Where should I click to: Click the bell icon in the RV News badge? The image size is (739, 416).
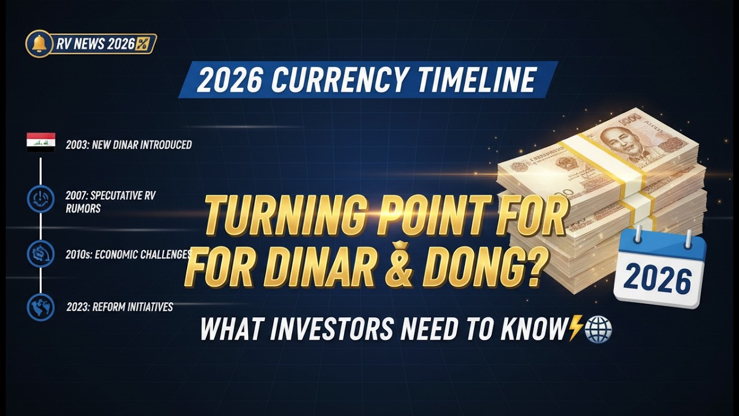pos(39,44)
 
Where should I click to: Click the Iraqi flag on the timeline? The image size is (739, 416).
pos(41,142)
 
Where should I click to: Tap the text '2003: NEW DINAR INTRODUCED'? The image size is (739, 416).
pos(128,144)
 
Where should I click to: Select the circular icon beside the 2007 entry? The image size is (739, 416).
pos(40,198)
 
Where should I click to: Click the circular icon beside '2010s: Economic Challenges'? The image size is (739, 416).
pos(40,254)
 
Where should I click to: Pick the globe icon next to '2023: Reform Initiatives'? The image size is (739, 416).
pos(40,307)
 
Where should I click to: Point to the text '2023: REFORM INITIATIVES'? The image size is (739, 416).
pos(119,307)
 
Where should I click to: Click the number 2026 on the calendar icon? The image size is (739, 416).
pos(658,280)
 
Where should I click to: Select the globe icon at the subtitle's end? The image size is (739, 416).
pos(598,330)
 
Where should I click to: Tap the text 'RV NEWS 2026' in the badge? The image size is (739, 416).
pos(95,44)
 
